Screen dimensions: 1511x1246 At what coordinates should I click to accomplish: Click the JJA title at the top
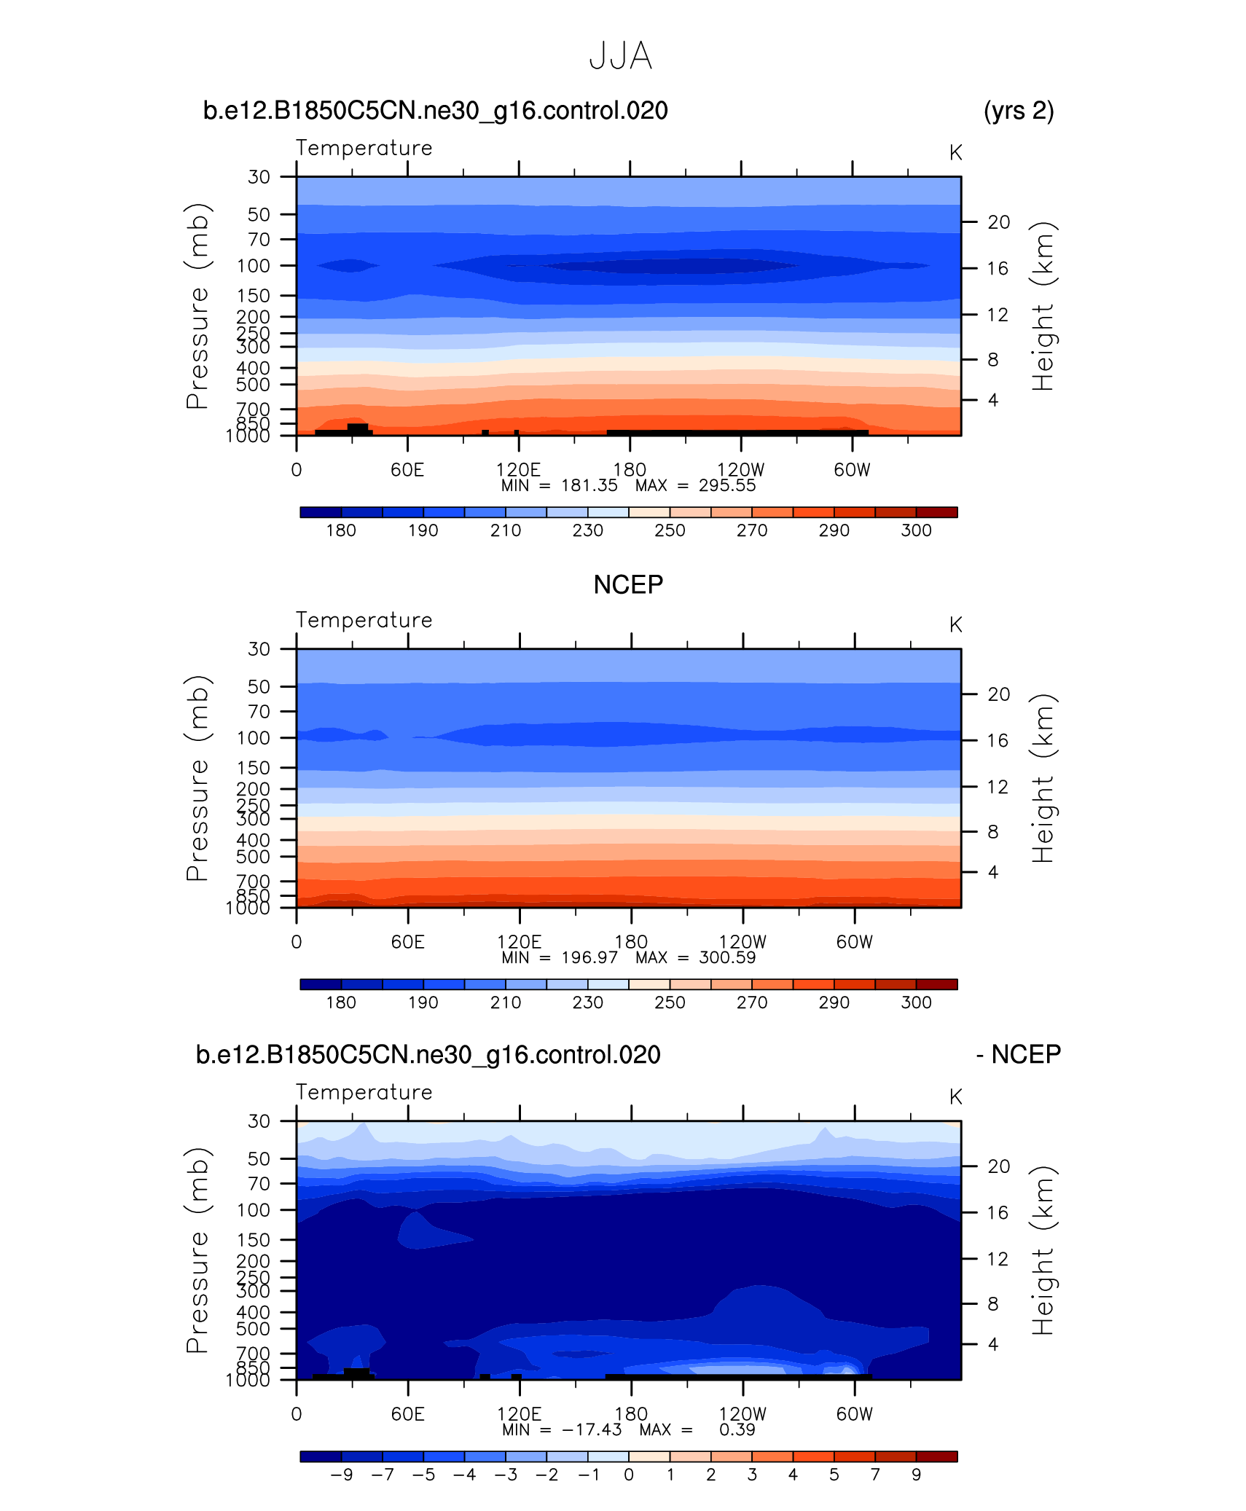point(620,56)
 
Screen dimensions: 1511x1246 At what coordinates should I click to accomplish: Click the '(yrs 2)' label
point(1018,111)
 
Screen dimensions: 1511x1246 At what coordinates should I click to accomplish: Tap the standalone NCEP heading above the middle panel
point(628,584)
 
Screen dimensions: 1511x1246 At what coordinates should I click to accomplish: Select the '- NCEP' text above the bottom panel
point(1019,1054)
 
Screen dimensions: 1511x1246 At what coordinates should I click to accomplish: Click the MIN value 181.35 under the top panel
point(589,485)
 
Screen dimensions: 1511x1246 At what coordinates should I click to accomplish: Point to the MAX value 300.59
point(727,957)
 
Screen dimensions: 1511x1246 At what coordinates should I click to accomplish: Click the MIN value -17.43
point(592,1429)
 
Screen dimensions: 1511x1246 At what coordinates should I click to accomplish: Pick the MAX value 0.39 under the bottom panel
point(737,1429)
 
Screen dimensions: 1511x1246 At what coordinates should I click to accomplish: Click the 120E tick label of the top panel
point(518,469)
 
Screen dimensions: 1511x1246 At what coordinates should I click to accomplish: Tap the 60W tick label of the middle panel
point(854,941)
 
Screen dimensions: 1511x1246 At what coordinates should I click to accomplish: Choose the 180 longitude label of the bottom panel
point(631,1413)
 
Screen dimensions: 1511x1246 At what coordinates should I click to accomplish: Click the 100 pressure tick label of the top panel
point(253,266)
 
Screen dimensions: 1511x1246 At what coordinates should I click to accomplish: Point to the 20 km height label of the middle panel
point(998,694)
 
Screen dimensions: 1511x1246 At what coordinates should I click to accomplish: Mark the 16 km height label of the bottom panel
point(998,1212)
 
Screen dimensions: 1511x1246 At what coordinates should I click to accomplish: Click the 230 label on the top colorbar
point(587,530)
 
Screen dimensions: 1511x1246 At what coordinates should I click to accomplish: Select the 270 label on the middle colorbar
point(751,1002)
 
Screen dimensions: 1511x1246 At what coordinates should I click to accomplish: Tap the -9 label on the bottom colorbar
point(341,1475)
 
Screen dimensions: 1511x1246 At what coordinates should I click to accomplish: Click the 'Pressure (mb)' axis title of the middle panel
point(197,778)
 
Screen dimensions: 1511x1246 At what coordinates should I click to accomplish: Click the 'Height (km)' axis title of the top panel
point(1043,306)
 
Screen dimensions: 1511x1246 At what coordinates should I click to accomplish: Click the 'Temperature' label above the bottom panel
point(364,1092)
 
